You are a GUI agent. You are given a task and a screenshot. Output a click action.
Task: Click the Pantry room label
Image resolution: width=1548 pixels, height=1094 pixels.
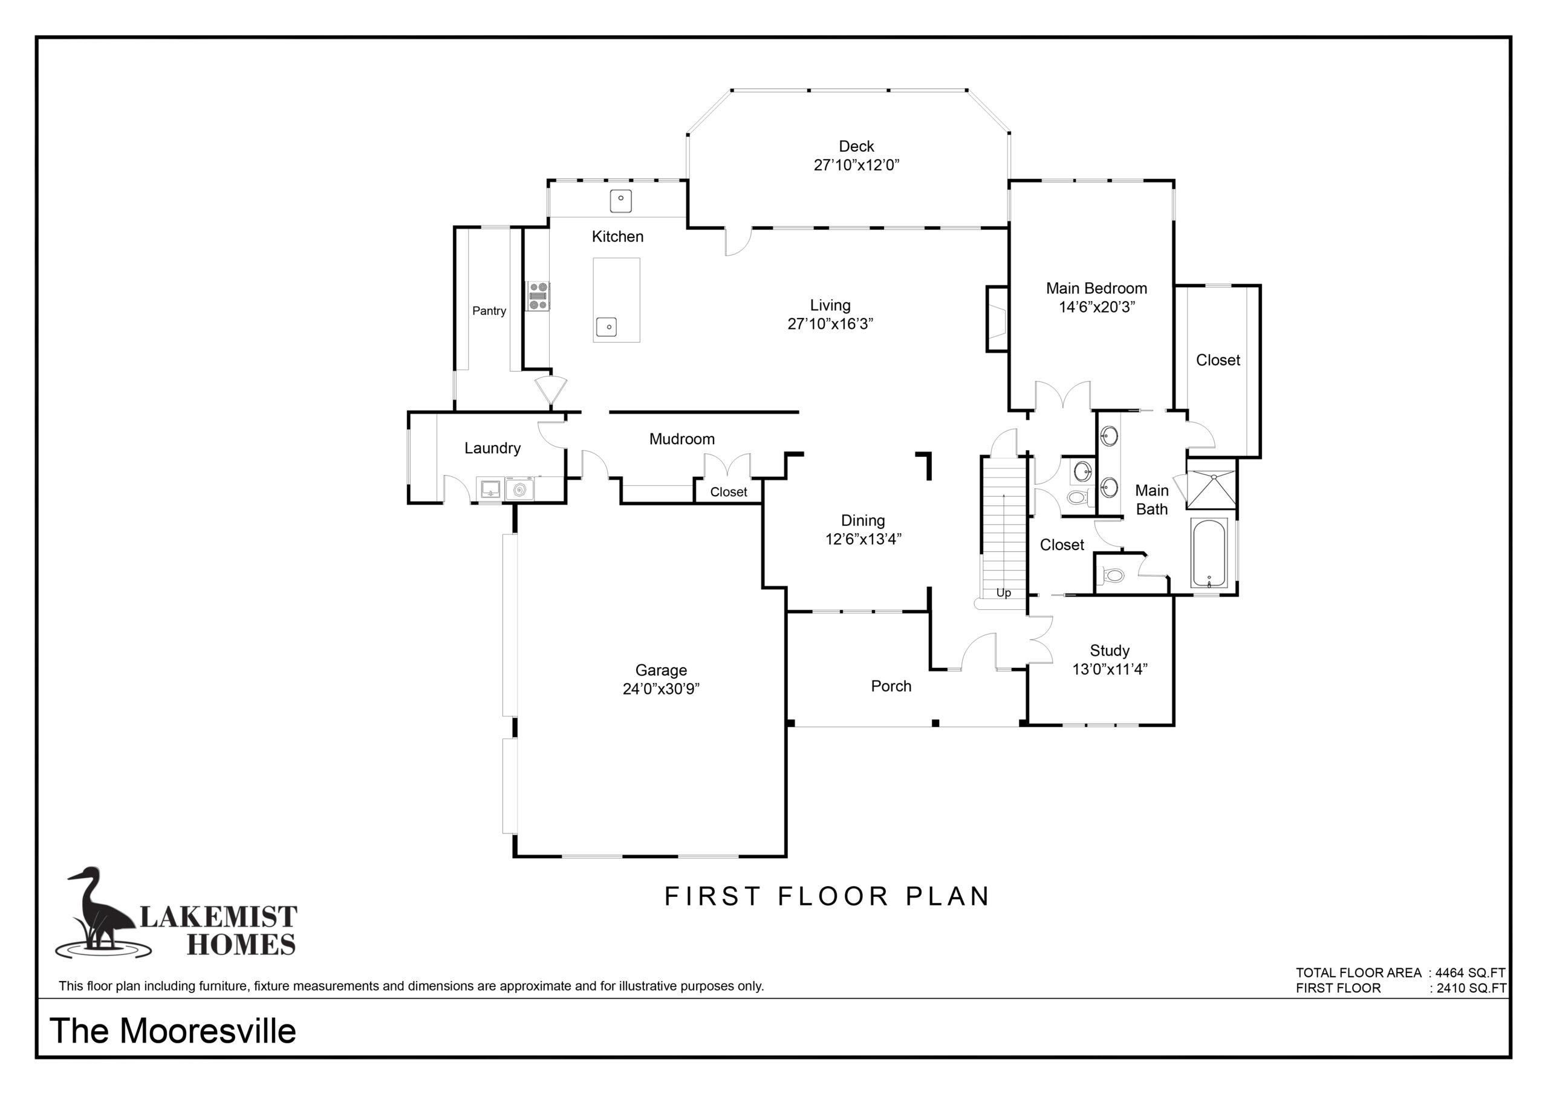(x=489, y=311)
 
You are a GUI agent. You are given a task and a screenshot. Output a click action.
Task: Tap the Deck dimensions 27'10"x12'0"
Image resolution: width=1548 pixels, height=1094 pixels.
(x=856, y=165)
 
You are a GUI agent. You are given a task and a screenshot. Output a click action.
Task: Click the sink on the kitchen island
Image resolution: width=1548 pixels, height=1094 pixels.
(x=608, y=328)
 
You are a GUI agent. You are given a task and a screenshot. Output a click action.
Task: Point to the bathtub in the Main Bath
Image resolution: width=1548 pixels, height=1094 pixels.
(x=1209, y=552)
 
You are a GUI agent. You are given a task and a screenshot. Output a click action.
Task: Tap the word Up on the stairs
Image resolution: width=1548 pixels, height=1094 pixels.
(x=1003, y=592)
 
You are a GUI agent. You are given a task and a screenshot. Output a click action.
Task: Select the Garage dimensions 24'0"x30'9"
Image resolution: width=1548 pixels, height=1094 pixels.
(x=661, y=689)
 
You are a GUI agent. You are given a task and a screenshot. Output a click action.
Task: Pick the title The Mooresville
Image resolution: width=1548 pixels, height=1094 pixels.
(x=172, y=1031)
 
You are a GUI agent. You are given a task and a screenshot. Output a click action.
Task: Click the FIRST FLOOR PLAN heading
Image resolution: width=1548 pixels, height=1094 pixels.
(x=827, y=896)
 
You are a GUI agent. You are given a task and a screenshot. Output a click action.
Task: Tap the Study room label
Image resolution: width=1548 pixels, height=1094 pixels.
(x=1110, y=650)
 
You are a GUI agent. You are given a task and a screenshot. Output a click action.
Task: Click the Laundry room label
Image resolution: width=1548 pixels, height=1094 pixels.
(x=492, y=448)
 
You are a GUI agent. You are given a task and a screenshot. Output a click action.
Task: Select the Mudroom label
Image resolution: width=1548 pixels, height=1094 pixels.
(x=681, y=439)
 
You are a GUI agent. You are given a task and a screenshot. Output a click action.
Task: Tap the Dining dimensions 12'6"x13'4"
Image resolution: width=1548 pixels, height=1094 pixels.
(x=863, y=539)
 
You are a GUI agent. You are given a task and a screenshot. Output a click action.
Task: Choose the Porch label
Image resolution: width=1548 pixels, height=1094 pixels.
(x=891, y=686)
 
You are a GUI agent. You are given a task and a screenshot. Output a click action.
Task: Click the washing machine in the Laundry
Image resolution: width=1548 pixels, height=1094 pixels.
(x=519, y=490)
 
